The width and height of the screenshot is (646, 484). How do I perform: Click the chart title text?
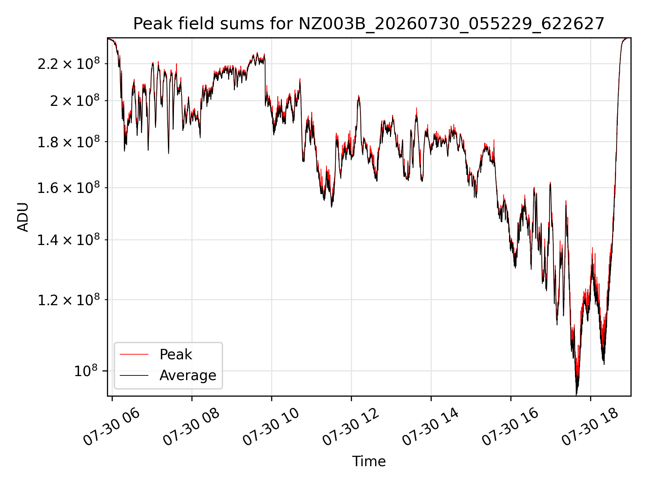[x=369, y=24]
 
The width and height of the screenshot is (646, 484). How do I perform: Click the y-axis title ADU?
[x=23, y=217]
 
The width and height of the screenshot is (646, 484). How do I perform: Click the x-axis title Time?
[x=369, y=461]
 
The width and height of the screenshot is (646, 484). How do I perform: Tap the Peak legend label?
[x=176, y=355]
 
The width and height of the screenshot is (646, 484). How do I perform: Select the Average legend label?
[x=188, y=375]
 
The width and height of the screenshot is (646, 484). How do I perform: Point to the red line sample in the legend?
[x=134, y=354]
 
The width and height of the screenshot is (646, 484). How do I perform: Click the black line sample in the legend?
[x=134, y=375]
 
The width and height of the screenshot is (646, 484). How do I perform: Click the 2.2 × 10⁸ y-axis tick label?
[x=69, y=64]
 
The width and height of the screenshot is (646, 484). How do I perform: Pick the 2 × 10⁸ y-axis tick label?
[x=75, y=100]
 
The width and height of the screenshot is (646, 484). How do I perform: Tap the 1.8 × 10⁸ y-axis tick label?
[x=69, y=142]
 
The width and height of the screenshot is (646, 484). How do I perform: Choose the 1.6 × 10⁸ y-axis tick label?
[x=69, y=188]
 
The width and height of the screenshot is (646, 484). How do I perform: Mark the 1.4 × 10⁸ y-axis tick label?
[x=69, y=240]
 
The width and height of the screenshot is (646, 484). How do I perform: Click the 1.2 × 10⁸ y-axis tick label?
[x=69, y=300]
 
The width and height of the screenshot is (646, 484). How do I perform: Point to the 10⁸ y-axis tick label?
[x=86, y=371]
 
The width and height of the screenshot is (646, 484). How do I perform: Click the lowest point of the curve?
[x=576, y=395]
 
